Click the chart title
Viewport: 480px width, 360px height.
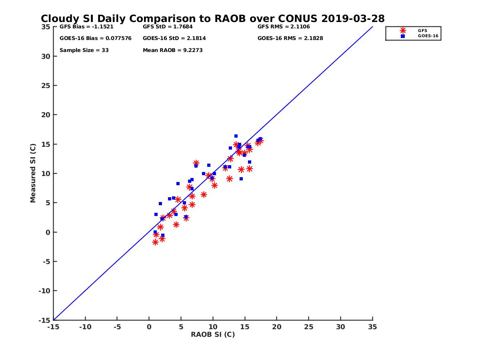point(212,19)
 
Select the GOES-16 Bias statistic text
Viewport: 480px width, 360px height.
point(95,38)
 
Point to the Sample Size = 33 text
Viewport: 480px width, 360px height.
point(84,50)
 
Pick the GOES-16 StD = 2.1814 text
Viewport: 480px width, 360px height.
point(174,38)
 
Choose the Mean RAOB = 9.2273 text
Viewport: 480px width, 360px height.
point(173,50)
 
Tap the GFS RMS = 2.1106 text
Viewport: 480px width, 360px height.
point(284,27)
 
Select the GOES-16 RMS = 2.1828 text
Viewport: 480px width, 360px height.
point(290,38)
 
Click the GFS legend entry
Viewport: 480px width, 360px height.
point(422,30)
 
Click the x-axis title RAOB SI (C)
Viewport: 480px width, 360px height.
point(213,334)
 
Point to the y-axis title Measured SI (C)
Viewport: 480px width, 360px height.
point(33,173)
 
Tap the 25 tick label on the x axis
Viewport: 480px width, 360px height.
point(308,327)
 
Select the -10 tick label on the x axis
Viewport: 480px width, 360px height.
point(85,327)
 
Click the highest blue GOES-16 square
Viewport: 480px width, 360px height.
point(236,136)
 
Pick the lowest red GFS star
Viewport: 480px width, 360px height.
point(155,242)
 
